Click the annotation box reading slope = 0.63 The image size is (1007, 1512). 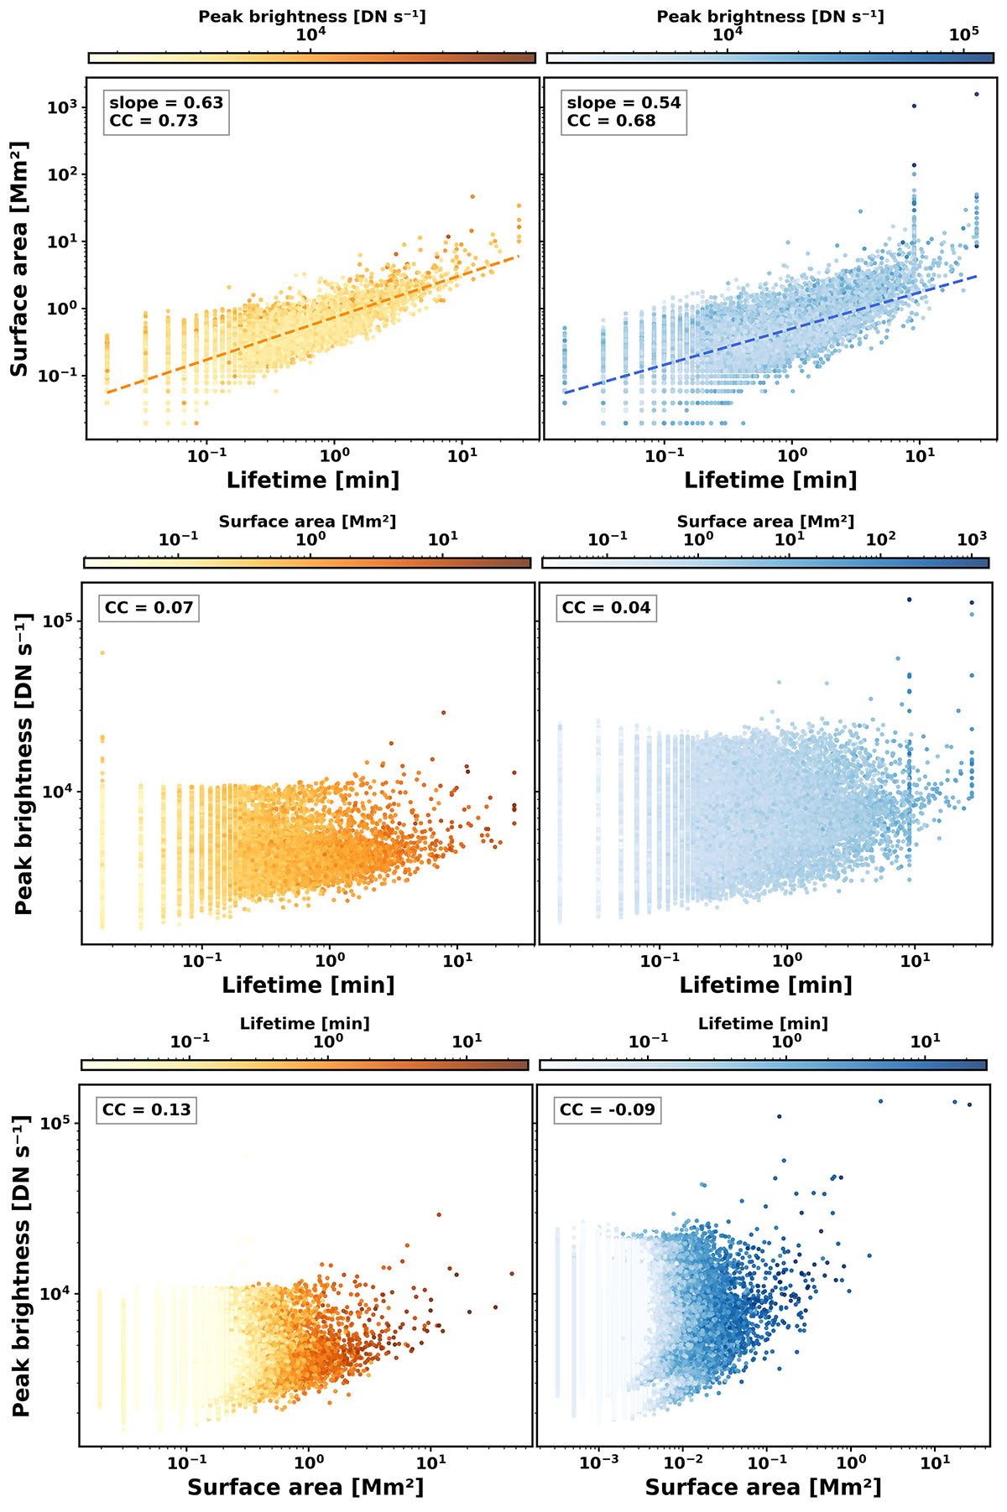point(166,112)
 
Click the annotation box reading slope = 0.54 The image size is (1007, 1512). point(624,112)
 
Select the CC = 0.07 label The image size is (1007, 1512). point(149,607)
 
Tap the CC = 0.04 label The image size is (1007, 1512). point(606,607)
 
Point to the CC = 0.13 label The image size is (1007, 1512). point(146,1109)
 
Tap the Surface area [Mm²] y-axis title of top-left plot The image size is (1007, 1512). point(19,258)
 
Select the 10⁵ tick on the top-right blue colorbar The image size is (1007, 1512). point(963,34)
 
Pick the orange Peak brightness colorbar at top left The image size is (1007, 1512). point(311,58)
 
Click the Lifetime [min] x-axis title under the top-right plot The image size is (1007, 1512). point(770,480)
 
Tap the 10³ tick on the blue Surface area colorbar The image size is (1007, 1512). point(971,539)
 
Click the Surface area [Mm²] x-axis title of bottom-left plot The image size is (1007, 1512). point(305,1487)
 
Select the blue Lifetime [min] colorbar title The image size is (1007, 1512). point(763,1023)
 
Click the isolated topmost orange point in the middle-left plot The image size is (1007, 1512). point(102,652)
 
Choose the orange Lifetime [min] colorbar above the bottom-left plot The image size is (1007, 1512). point(305,1064)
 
